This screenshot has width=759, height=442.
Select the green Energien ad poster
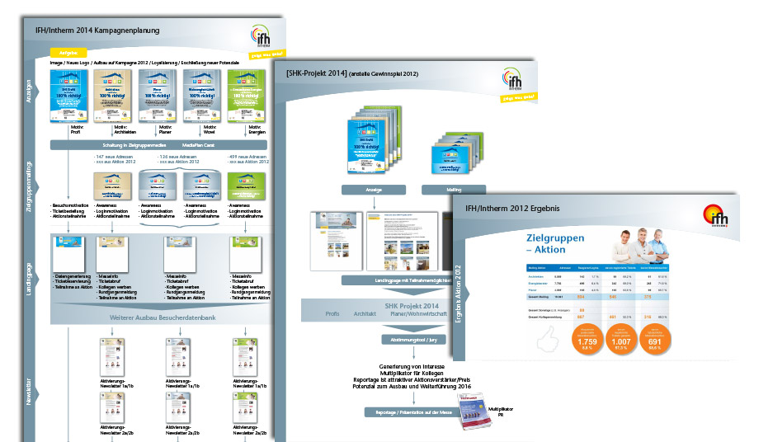coord(244,92)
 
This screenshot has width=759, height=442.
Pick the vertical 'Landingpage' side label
coord(31,262)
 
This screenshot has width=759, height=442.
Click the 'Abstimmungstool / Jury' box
coord(404,339)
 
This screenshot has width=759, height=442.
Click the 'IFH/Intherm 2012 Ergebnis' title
coord(512,209)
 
